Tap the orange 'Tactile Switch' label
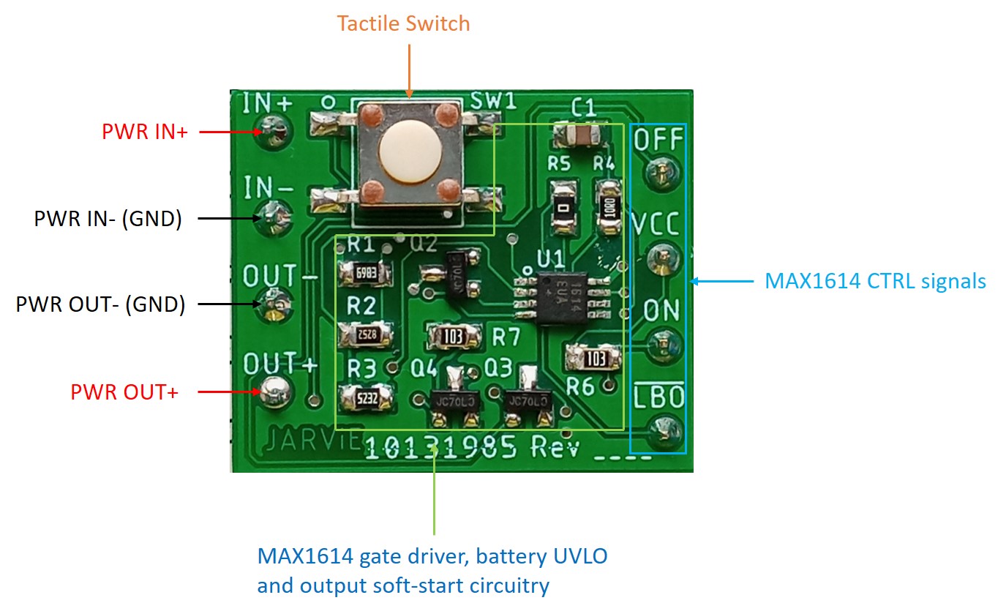pos(403,23)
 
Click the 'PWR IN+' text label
pos(145,132)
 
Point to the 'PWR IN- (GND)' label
pos(108,218)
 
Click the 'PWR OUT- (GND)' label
pos(100,304)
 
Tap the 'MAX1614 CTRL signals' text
pos(875,280)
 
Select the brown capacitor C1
pos(581,134)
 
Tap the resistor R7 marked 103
pos(455,336)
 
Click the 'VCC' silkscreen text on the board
pos(658,223)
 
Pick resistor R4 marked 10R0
pos(609,206)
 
